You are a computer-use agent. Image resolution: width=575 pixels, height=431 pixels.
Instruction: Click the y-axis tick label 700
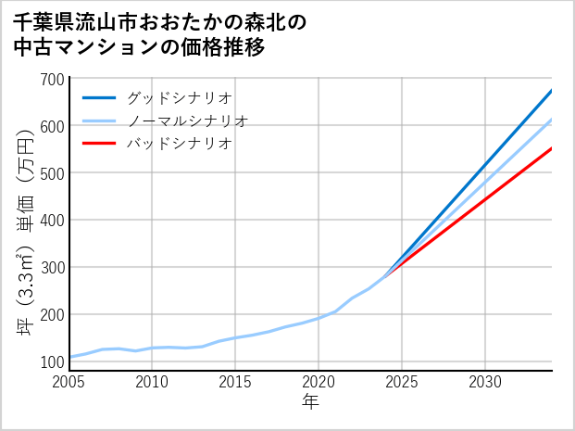[53, 79]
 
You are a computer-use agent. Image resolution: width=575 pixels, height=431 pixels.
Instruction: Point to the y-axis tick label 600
[53, 126]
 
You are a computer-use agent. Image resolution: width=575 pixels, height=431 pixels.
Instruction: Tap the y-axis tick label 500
[53, 173]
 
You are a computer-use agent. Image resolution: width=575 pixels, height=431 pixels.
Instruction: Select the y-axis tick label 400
[53, 221]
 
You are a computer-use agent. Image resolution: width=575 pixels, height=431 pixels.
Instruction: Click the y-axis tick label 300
[53, 268]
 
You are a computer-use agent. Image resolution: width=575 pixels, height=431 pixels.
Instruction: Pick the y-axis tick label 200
[53, 315]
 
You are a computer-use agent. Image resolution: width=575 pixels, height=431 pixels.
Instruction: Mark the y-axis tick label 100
[53, 362]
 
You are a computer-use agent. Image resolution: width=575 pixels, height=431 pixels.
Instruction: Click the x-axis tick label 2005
[69, 382]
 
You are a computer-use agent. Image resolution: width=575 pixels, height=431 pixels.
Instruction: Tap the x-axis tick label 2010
[153, 382]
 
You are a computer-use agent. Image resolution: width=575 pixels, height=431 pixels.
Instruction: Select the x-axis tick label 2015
[236, 382]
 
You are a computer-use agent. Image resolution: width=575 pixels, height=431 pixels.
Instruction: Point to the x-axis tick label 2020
[319, 382]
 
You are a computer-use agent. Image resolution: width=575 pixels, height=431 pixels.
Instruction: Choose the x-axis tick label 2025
[402, 382]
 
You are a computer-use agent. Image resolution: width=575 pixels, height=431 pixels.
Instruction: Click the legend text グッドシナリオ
[179, 97]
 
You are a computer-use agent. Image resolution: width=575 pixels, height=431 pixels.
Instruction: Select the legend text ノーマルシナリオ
[187, 120]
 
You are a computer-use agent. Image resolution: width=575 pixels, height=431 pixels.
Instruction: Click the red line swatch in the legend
[99, 144]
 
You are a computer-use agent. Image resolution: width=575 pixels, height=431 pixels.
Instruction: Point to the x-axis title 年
[311, 402]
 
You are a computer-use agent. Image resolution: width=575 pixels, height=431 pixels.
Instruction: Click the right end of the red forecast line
[551, 148]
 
